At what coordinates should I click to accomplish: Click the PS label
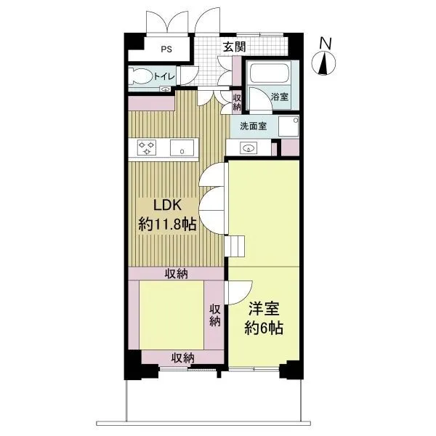pos(166,49)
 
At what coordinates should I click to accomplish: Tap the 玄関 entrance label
pos(235,47)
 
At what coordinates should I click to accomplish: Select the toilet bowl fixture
pos(141,76)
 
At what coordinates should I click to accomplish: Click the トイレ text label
pos(164,76)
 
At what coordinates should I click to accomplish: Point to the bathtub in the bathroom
pos(269,73)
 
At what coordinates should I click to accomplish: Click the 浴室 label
pos(280,97)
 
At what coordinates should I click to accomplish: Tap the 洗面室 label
pos(253,126)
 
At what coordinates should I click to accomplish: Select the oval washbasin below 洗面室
pos(248,148)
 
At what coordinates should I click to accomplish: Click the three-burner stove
pos(147,148)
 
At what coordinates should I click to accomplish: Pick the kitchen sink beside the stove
pos(182,148)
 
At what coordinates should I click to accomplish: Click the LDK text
pos(168,205)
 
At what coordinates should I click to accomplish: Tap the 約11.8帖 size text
pos(167,224)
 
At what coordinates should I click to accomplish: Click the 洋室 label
pos(264,309)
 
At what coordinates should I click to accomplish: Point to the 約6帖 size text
pos(264,328)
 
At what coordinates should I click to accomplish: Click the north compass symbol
pos(323,63)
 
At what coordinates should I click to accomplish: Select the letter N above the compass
pos(326,44)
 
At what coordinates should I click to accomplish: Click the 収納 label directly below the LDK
pos(177,274)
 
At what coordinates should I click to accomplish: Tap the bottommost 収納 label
pos(182,358)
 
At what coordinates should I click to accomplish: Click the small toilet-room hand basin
pos(166,89)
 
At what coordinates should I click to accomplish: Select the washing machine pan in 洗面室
pos(288,126)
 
